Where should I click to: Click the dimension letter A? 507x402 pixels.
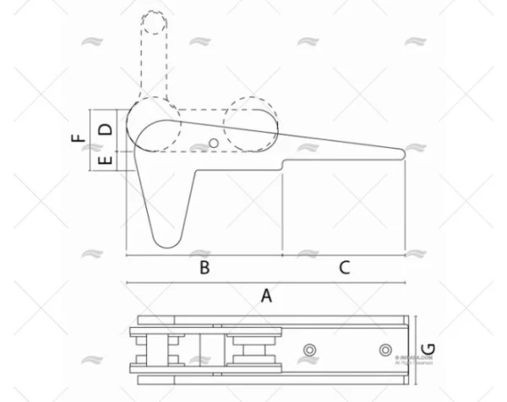pos(266,296)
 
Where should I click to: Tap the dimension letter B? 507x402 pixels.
pos(204,268)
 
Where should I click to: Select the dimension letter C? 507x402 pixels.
pos(343,268)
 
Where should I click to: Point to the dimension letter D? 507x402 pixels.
pos(106,129)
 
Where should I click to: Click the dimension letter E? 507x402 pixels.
pos(106,160)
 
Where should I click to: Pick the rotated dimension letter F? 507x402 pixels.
pos(78,138)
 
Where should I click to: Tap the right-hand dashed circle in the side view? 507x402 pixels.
pos(251,125)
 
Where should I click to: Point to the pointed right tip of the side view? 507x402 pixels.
pos(405,154)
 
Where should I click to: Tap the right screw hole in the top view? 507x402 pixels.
pos(385,350)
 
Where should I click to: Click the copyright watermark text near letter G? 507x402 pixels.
pos(414,361)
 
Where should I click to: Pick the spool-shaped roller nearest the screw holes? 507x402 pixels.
pos(253,349)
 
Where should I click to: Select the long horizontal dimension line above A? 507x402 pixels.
pos(265,282)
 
